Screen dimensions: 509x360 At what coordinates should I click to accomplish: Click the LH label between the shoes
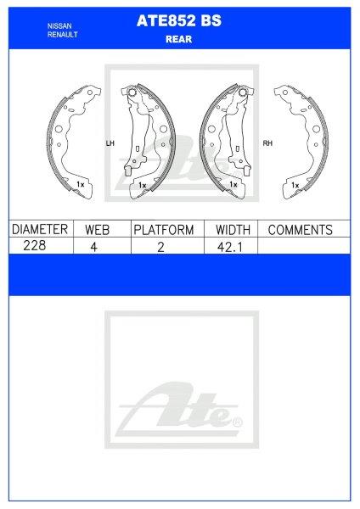click(109, 143)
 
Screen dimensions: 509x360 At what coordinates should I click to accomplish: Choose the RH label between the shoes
click(267, 143)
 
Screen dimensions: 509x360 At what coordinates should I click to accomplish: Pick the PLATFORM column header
click(163, 230)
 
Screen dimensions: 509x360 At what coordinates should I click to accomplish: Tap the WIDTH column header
click(231, 230)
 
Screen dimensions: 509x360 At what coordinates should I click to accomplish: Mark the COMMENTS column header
click(300, 230)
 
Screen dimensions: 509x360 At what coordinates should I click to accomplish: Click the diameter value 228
click(36, 246)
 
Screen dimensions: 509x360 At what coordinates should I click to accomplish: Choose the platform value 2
click(164, 246)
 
